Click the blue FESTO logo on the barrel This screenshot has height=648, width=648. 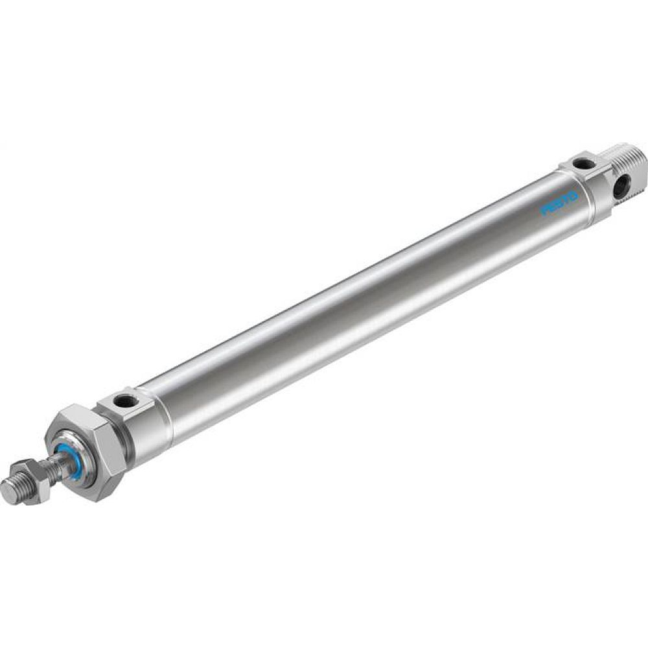[x=559, y=208]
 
